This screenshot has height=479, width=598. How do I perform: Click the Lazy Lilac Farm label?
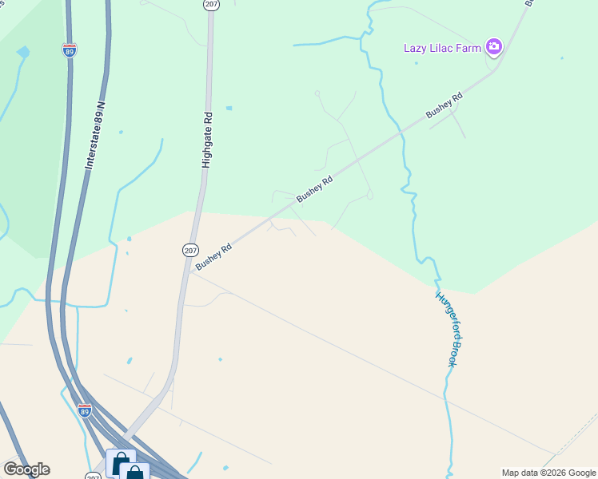point(442,48)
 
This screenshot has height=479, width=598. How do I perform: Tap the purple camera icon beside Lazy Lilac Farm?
point(494,47)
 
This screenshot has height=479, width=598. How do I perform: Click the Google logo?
point(26,469)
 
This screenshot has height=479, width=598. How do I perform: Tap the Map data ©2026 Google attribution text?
point(549,473)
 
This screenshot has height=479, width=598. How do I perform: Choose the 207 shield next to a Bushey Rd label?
point(189,250)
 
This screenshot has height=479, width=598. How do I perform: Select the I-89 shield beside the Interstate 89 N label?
point(70,50)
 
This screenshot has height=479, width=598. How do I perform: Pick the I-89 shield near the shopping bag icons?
point(85,410)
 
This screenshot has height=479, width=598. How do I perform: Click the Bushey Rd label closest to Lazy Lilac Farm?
point(445,107)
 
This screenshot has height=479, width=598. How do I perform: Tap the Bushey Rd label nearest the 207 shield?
point(213,256)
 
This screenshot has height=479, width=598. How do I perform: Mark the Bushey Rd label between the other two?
point(314,189)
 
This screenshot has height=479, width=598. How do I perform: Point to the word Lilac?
point(445,48)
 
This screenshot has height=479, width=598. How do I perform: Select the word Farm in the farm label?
point(470,48)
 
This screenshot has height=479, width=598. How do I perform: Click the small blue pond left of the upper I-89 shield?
point(22,53)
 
